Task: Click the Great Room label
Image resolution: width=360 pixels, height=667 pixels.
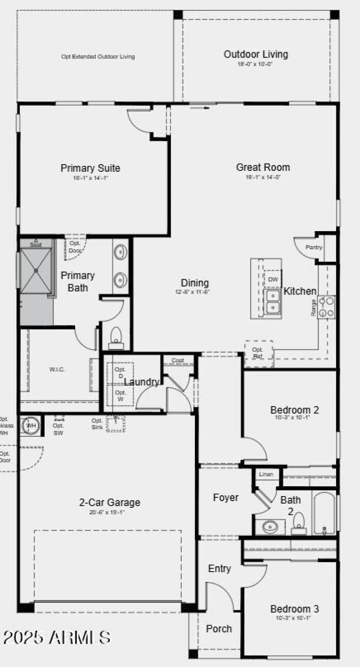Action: pos(263,167)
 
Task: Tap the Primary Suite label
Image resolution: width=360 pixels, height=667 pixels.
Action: pos(90,168)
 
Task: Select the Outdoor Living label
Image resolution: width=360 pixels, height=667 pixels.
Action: pos(256,54)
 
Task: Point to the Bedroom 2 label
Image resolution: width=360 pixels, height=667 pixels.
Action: pos(295,410)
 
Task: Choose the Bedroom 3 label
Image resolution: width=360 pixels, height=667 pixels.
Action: pos(295,609)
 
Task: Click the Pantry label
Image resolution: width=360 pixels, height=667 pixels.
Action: pos(314,247)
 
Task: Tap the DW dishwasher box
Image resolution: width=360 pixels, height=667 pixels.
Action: pos(273,279)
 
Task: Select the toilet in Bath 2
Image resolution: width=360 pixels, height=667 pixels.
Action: pos(299,524)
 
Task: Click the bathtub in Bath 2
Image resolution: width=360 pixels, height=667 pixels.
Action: pos(324,513)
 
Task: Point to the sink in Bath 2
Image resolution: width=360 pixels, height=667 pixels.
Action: pos(270,527)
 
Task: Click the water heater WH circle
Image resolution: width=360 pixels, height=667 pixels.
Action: pos(31,425)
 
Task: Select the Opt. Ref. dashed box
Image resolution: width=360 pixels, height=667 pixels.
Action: pos(258,353)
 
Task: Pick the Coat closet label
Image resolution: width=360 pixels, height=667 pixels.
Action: pos(178,360)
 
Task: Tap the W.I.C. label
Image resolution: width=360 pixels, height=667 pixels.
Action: pos(57,369)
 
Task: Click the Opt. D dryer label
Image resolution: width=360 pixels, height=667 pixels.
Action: pos(120,372)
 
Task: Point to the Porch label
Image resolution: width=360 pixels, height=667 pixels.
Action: pos(219,628)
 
